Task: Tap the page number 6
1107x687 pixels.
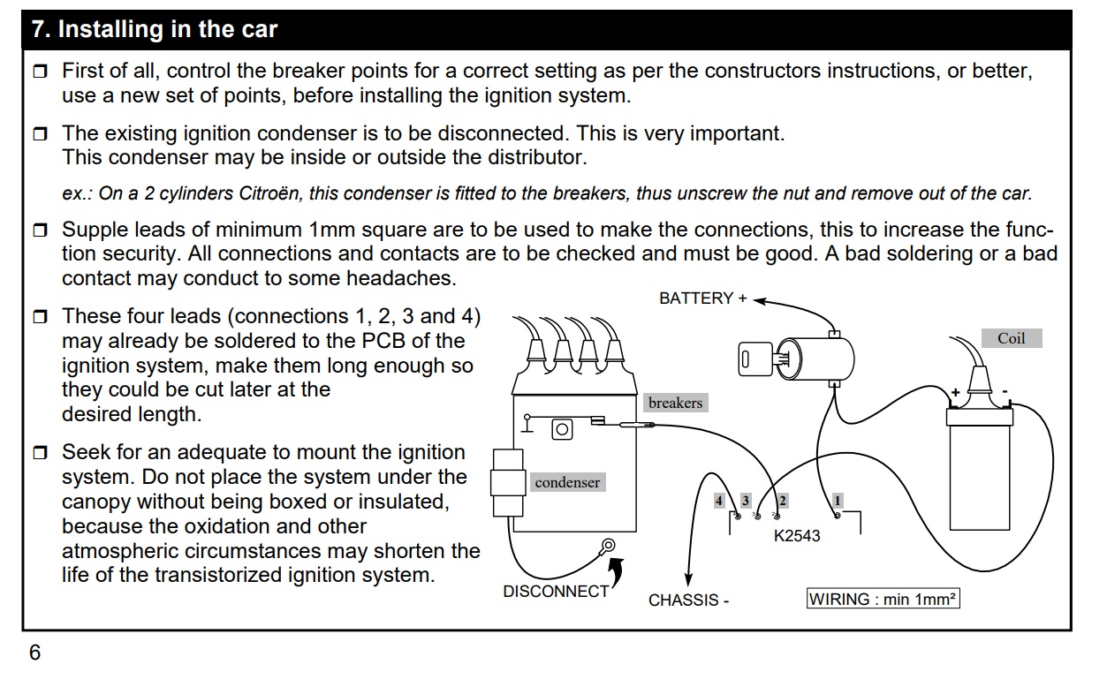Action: pos(34,653)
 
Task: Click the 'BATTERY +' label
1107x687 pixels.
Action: pos(702,298)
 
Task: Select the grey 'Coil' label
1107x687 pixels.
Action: pos(1011,338)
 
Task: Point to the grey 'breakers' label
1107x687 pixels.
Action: pos(675,404)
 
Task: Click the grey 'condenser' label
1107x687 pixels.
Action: pos(567,482)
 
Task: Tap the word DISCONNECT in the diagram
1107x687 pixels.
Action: pos(556,591)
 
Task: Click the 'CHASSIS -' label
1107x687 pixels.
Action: pos(689,600)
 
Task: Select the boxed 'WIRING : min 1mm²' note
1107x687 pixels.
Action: pos(883,599)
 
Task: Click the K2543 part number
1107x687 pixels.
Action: pos(797,536)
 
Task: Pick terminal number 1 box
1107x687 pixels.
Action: pos(838,501)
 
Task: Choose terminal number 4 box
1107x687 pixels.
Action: pos(719,501)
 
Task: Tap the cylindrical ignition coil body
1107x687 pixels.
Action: pos(979,472)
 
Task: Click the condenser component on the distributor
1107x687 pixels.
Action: pos(508,481)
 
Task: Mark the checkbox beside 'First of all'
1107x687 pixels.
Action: pos(41,72)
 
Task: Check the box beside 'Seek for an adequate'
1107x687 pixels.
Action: pos(41,454)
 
